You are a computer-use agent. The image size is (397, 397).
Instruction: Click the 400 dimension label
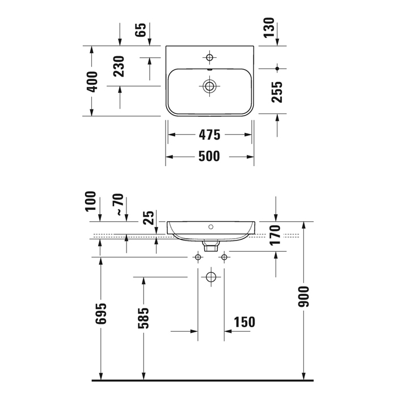point(92,82)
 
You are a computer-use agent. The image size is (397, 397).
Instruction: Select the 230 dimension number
point(119,66)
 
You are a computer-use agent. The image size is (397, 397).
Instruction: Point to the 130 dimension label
point(269,28)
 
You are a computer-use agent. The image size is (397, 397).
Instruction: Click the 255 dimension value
point(277,92)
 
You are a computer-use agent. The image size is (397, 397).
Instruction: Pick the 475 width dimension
point(210,135)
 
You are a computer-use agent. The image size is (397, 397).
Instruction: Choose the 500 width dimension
point(209,156)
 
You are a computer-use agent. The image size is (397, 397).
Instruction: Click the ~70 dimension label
point(120,204)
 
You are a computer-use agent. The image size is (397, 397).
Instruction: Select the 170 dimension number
point(275,235)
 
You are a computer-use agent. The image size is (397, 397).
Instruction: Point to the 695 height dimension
point(101,314)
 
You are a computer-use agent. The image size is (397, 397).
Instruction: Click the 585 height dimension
point(143,318)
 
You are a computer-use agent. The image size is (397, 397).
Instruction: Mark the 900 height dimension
point(303,297)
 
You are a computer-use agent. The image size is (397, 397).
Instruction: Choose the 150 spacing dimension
point(244,322)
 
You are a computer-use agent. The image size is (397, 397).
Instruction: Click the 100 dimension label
point(91,201)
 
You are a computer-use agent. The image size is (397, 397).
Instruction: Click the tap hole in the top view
point(209,57)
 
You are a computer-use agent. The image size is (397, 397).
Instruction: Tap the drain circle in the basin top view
point(209,86)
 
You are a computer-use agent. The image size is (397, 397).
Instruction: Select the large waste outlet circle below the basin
point(211,277)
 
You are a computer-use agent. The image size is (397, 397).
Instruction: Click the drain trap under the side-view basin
point(211,246)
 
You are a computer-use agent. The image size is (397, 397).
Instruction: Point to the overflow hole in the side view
point(211,227)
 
